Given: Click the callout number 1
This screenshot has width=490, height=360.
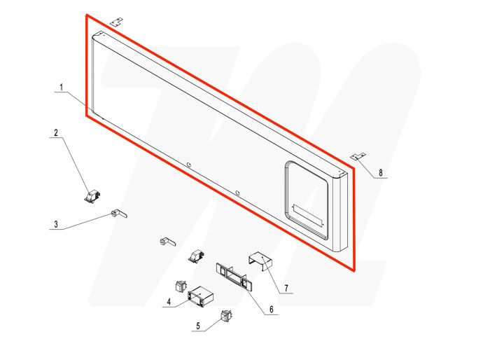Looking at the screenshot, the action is point(62,88).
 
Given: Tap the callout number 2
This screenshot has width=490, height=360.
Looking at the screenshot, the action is point(56,132).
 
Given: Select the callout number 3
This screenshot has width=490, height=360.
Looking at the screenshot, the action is point(56,224).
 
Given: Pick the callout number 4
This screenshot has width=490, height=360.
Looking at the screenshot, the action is point(169,302).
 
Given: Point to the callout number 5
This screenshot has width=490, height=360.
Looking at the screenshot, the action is point(198,326).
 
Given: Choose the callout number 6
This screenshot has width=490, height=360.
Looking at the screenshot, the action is point(272,310).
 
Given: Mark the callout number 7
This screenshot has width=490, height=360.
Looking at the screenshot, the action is point(286,288).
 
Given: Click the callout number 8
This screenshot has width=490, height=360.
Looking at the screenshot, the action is point(381,173).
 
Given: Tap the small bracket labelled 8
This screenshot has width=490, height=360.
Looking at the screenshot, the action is point(358,156).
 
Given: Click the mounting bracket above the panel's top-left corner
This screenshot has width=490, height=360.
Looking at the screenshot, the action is point(117,22).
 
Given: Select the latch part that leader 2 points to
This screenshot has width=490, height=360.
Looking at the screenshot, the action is point(92,197).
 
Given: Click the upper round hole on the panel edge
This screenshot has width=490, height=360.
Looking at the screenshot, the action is point(188,165).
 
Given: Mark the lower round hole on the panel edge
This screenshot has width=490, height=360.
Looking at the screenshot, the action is point(237,193).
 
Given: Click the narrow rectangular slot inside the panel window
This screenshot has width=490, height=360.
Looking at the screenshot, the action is point(308,216).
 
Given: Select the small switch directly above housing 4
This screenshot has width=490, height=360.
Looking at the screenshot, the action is point(181,286).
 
